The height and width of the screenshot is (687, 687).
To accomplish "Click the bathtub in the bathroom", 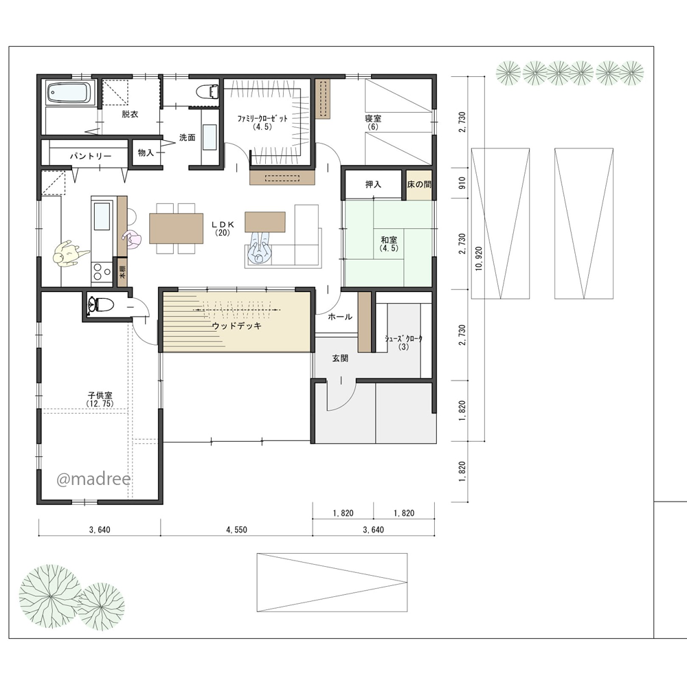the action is [x=71, y=93].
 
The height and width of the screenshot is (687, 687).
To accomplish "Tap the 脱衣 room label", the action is [x=130, y=114].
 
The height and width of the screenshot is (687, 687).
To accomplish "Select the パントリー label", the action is [x=91, y=155].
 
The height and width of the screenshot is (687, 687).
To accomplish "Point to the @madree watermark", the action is [x=93, y=479].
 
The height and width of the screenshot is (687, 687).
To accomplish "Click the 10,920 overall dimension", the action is [x=478, y=258].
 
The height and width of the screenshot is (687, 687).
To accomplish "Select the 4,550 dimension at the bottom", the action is [x=236, y=530].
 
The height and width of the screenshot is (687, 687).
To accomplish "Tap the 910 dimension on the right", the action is [x=462, y=183].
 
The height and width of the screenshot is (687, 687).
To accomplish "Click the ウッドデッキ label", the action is [x=236, y=326].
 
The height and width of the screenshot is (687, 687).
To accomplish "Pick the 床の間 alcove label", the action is [x=419, y=184].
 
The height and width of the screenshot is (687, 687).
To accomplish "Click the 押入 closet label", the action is [x=373, y=184].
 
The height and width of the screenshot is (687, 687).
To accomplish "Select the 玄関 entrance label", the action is [x=340, y=359].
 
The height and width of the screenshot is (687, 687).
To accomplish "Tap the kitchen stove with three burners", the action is [x=102, y=271].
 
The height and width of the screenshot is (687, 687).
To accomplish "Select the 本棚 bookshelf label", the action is [x=122, y=271].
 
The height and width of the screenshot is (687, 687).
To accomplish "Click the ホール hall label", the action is [x=340, y=317].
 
